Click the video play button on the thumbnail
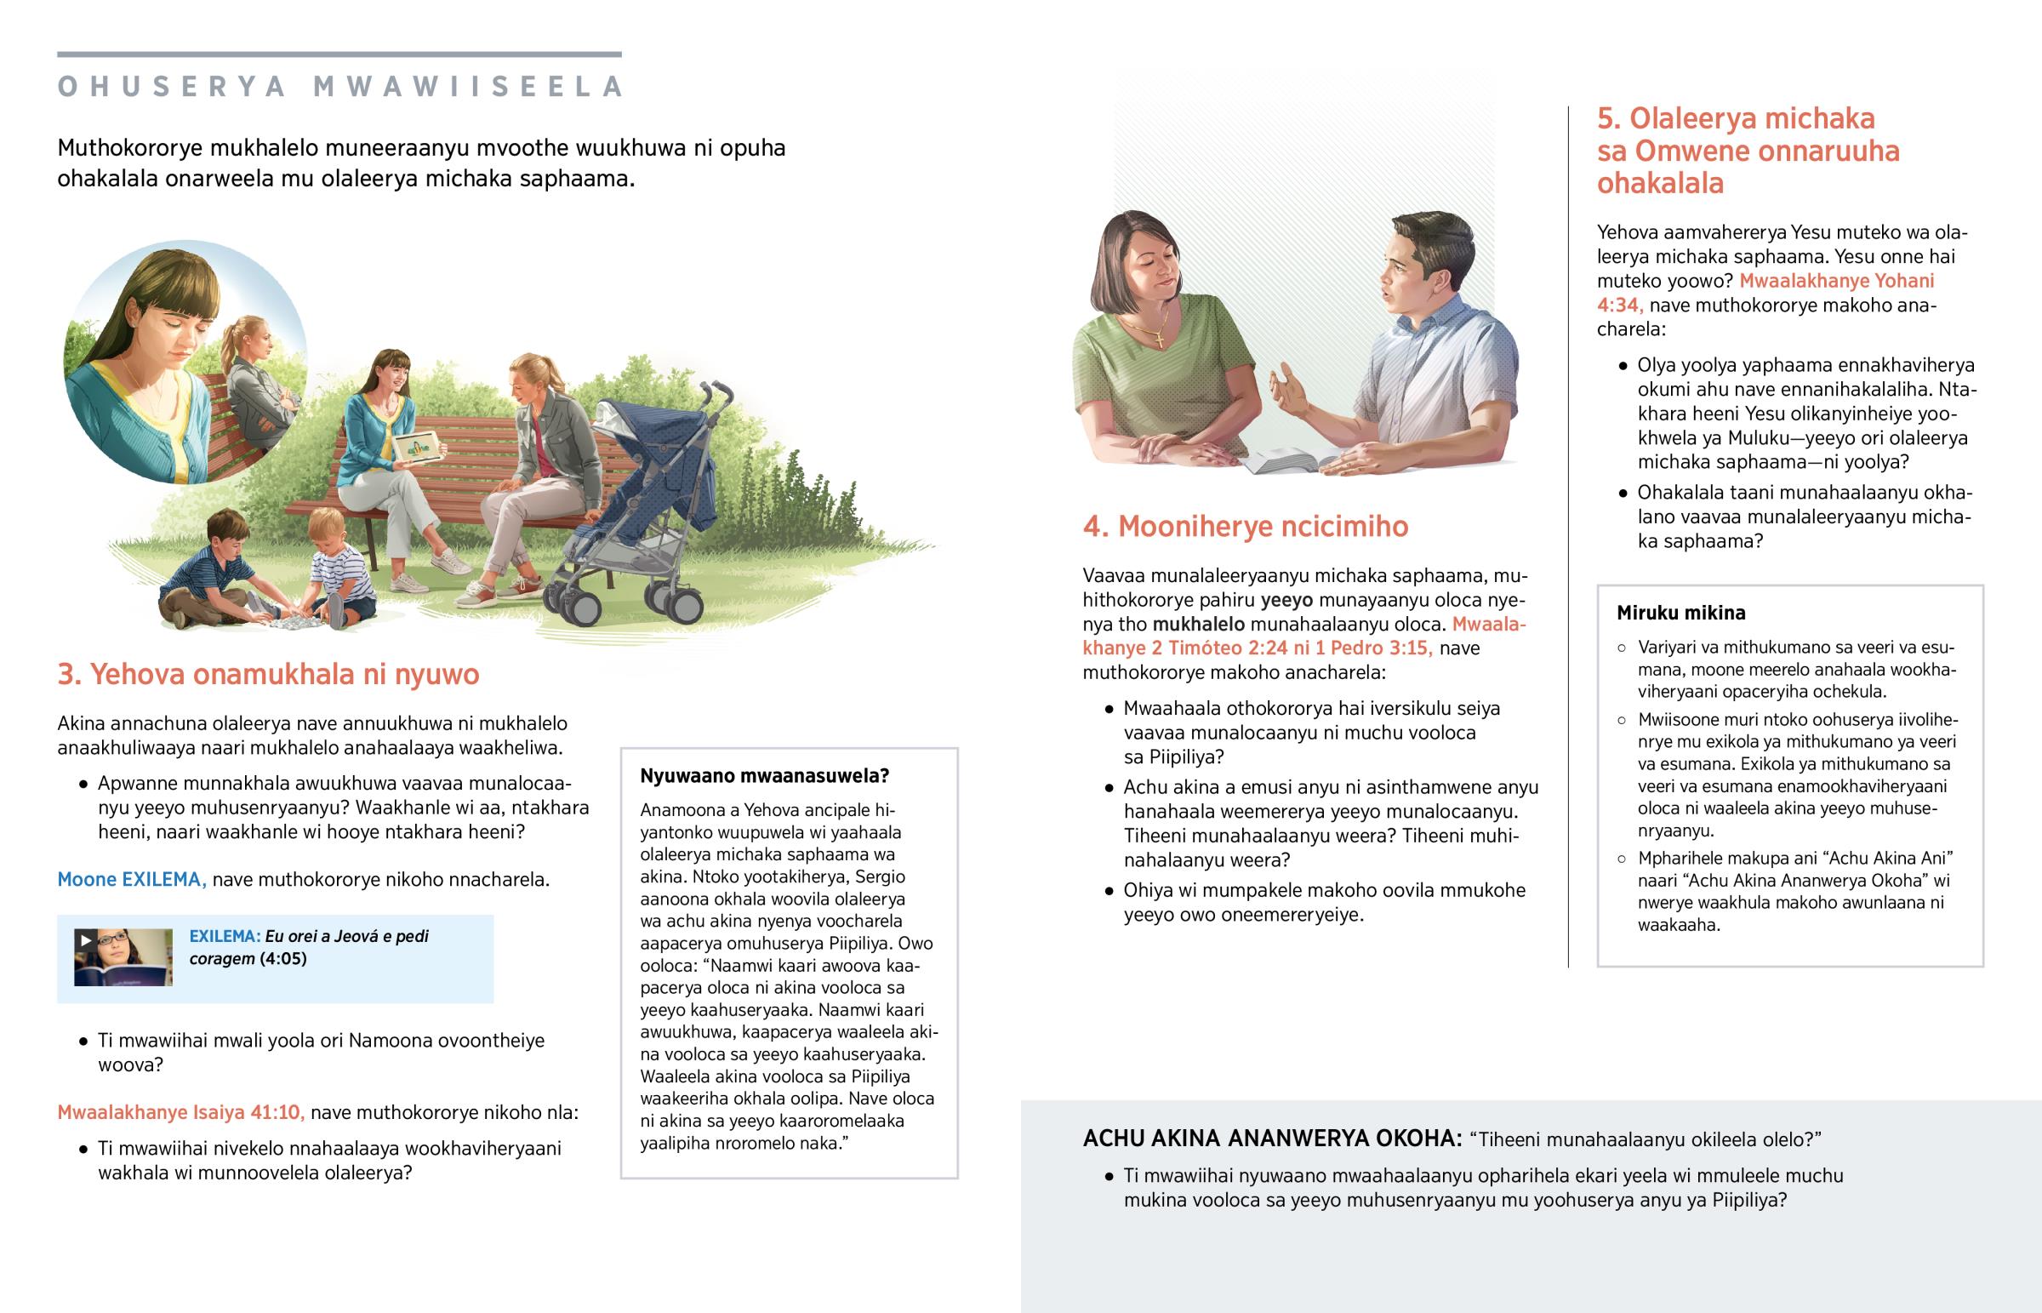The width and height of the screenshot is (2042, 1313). point(85,940)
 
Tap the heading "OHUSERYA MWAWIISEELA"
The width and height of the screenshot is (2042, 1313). point(341,87)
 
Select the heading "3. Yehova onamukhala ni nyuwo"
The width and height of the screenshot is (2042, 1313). point(269,675)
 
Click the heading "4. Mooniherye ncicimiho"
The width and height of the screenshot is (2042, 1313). point(1245,527)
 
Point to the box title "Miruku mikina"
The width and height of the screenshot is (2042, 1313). point(1680,613)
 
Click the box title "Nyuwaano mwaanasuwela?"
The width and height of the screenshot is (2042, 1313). point(764,776)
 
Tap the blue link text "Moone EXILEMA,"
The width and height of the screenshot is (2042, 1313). point(132,879)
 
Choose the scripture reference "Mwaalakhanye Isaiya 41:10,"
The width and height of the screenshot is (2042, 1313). point(180,1113)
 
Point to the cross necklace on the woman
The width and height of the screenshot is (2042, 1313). point(1159,340)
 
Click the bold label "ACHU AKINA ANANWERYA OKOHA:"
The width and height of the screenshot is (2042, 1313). point(1271,1139)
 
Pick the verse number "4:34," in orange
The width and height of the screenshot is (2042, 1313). point(1619,305)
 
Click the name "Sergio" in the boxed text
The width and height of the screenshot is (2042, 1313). point(879,876)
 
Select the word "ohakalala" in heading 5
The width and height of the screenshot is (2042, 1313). point(1659,183)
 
